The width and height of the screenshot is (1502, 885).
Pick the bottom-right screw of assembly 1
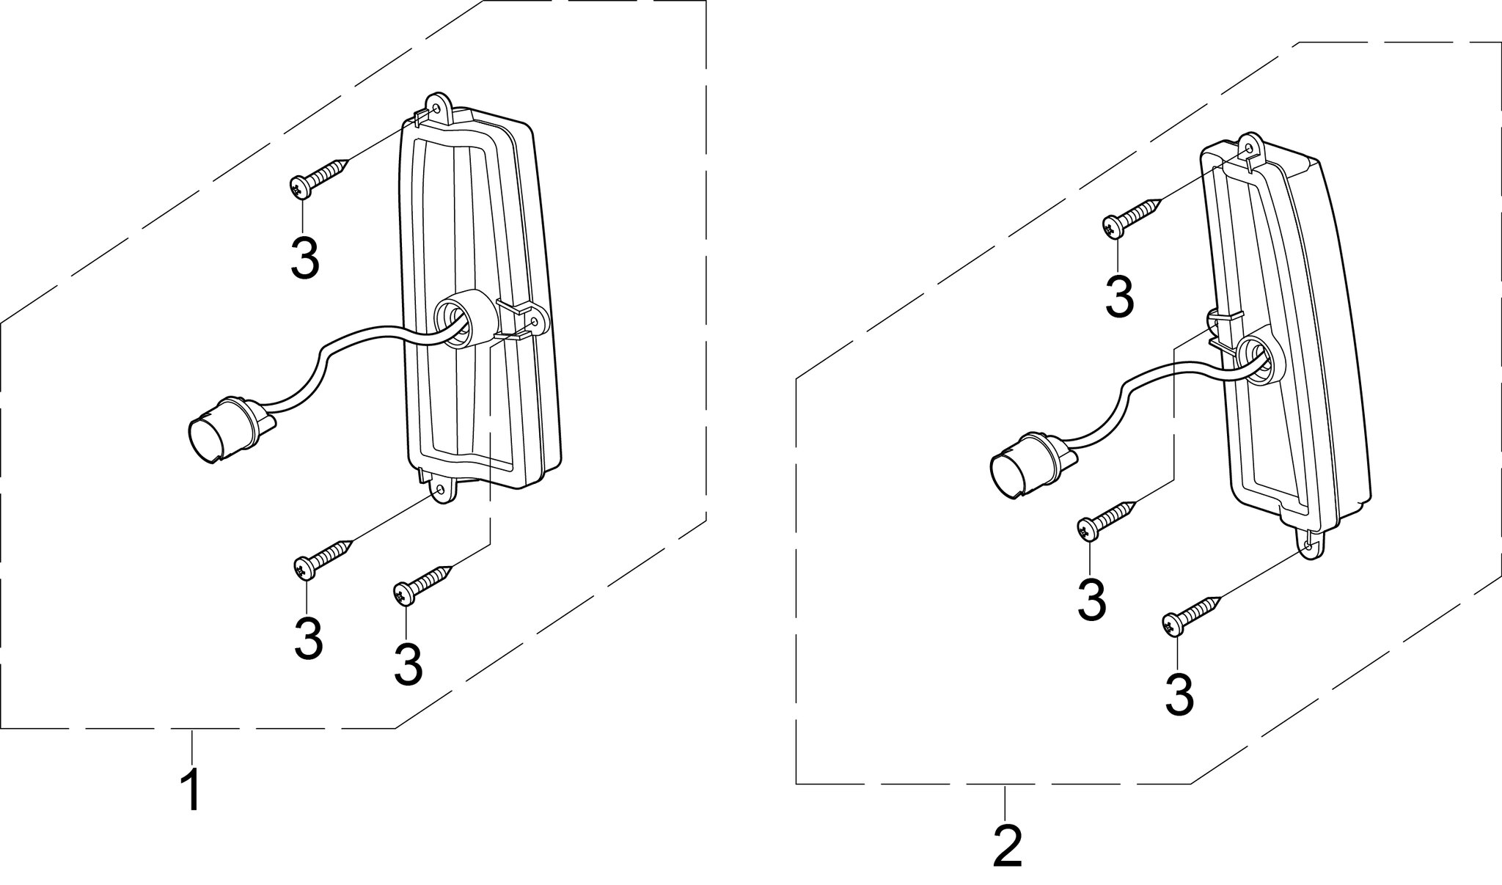[421, 584]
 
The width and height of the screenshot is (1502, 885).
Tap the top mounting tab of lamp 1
[439, 106]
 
